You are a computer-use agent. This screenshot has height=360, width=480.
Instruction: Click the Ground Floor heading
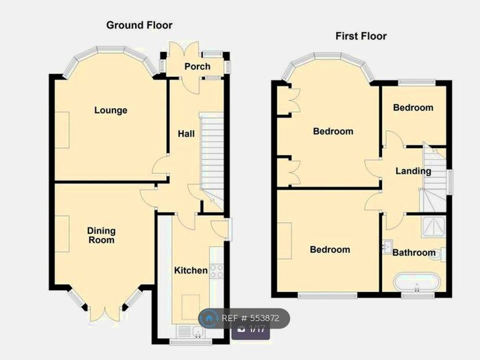(139, 25)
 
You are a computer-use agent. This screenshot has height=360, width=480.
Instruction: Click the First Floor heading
(361, 36)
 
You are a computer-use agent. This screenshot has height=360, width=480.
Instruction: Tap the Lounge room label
(110, 110)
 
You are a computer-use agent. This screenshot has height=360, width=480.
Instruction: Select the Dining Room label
(101, 235)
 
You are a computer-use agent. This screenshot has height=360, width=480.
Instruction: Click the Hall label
(183, 133)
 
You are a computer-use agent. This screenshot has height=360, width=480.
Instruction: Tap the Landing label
(413, 171)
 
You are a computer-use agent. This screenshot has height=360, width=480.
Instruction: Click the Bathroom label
(413, 253)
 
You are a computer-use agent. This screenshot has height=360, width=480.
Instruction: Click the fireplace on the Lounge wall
(63, 129)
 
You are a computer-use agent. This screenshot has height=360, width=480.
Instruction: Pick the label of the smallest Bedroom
(412, 108)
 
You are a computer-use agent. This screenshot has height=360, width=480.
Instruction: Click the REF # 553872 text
(250, 319)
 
